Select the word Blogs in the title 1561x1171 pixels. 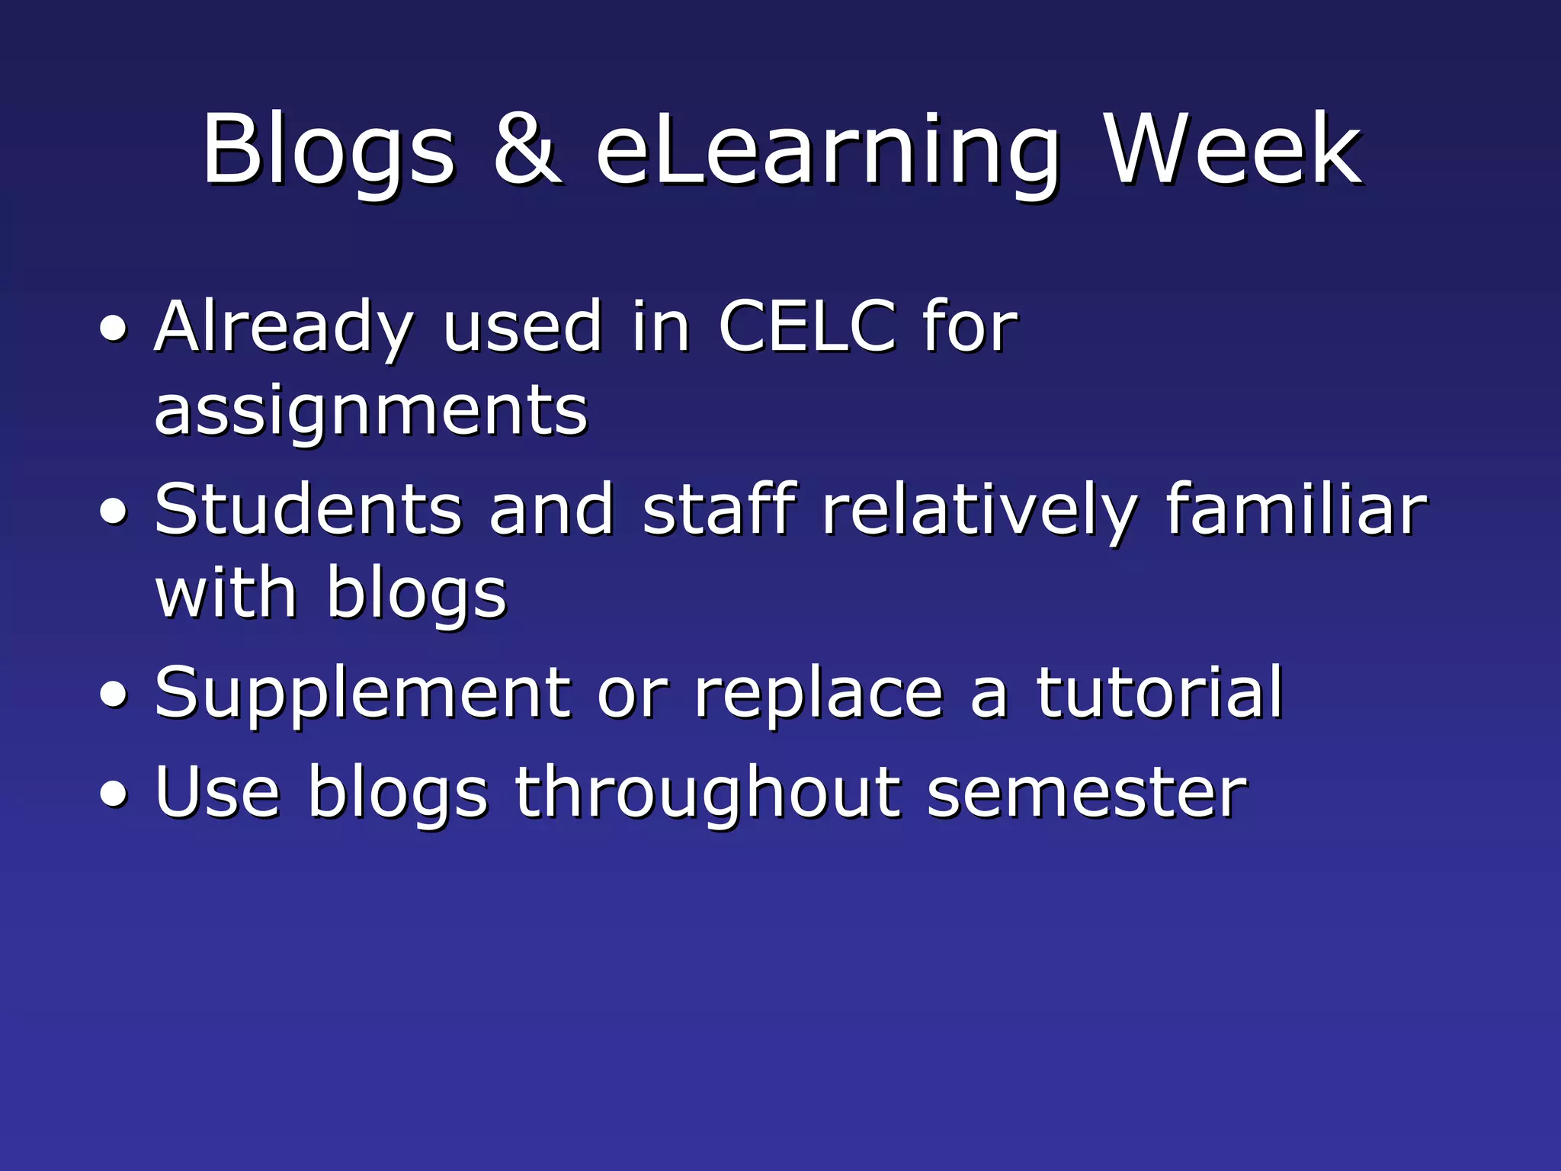[x=328, y=152]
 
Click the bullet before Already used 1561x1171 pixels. [x=114, y=329]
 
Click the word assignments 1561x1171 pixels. [x=370, y=412]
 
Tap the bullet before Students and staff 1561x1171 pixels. [x=114, y=513]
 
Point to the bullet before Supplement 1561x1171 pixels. [x=114, y=696]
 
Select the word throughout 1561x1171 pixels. [x=707, y=794]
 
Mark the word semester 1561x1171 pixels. [x=1087, y=794]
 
